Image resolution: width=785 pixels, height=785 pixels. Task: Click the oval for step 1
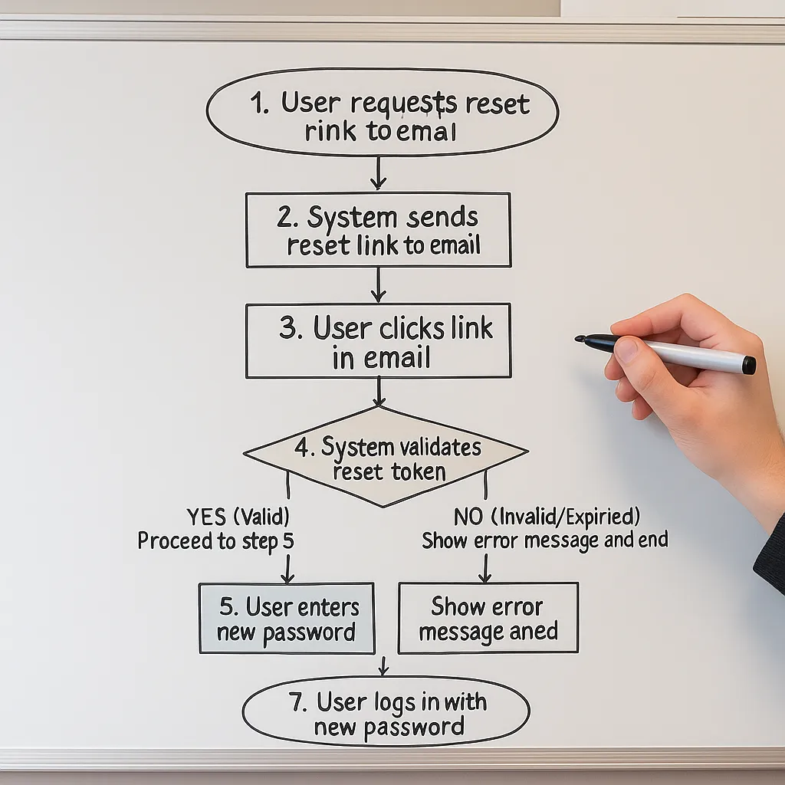click(382, 113)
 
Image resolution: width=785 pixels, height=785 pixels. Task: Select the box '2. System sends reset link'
click(378, 230)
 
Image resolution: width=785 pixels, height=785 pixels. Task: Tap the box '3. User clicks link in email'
click(378, 340)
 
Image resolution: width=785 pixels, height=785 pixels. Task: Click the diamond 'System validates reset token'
click(386, 457)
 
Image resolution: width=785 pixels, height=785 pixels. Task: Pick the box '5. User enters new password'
click(287, 618)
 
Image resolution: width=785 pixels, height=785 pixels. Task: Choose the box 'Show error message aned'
click(488, 618)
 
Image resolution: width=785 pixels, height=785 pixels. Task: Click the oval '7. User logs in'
click(386, 711)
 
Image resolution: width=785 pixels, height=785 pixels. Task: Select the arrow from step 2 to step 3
click(378, 285)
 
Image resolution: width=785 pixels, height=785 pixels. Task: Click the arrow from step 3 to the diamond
click(379, 392)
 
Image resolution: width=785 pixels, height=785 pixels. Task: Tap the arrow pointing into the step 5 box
click(287, 569)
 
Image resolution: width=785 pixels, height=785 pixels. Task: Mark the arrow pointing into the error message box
click(484, 568)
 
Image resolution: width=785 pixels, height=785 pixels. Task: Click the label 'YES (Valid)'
click(238, 516)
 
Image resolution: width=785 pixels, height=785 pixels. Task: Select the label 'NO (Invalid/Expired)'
click(547, 515)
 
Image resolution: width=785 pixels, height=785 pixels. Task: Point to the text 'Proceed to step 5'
click(215, 541)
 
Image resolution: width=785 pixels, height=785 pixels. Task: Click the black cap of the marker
click(748, 365)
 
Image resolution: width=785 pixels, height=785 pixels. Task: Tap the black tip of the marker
click(580, 338)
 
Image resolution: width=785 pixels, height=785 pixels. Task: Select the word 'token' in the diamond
click(418, 471)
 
